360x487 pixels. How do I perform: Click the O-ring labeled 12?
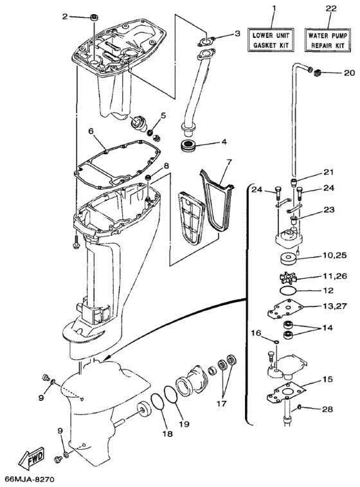[x=291, y=292]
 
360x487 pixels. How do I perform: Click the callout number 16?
[x=255, y=333]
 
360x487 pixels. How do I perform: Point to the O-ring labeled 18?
[x=155, y=405]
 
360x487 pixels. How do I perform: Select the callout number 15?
[x=327, y=380]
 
